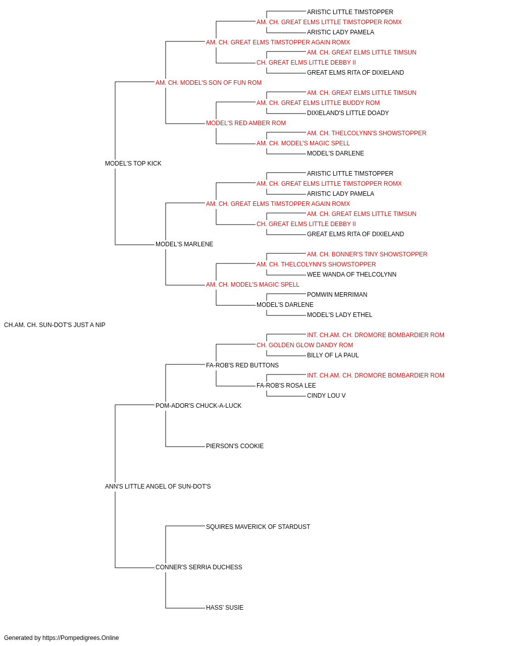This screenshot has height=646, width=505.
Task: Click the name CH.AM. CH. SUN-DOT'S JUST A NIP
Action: click(55, 325)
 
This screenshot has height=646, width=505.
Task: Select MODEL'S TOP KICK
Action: click(133, 164)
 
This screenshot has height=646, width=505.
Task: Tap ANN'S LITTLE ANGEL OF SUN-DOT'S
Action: click(158, 487)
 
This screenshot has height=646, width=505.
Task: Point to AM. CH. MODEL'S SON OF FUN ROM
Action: click(209, 83)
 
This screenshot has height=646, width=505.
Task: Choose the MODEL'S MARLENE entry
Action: click(184, 244)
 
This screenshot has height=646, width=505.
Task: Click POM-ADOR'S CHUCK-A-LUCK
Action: click(198, 405)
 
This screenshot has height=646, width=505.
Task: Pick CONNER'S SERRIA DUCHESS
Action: click(198, 567)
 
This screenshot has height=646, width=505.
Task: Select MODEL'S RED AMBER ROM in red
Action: click(245, 123)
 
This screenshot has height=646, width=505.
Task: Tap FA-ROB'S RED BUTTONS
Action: click(242, 365)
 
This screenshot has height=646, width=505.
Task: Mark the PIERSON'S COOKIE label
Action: click(235, 446)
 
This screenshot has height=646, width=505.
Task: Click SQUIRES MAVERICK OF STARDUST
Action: click(258, 527)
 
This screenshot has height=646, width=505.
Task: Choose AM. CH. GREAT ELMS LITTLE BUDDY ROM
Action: click(318, 103)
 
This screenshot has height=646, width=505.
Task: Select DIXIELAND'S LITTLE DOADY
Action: click(347, 113)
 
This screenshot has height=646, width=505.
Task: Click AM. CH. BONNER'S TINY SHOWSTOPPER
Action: click(367, 254)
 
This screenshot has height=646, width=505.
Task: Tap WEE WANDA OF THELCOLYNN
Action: click(351, 275)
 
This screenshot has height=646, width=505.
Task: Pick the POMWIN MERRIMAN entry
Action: click(337, 295)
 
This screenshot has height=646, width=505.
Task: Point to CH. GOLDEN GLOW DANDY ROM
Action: click(305, 345)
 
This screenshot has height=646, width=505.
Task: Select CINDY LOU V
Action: click(326, 395)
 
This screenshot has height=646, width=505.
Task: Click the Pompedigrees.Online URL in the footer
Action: click(81, 638)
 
